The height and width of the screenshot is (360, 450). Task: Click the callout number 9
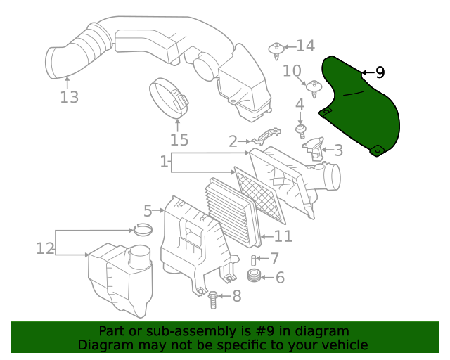pos(380,72)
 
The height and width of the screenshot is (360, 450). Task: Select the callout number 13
pos(69,97)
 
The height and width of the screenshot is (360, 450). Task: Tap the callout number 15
pos(179,140)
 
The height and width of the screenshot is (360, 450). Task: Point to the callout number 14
pos(305,46)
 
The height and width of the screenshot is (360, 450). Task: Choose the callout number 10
pos(292,70)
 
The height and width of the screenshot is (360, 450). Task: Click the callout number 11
pos(283,236)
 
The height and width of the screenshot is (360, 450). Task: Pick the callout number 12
pos(45,247)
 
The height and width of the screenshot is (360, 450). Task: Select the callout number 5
pos(148,210)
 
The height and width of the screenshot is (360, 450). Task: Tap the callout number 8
pos(236,296)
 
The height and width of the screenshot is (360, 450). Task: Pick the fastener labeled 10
pos(312,88)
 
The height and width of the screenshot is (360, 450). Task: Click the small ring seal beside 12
pos(144,230)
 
